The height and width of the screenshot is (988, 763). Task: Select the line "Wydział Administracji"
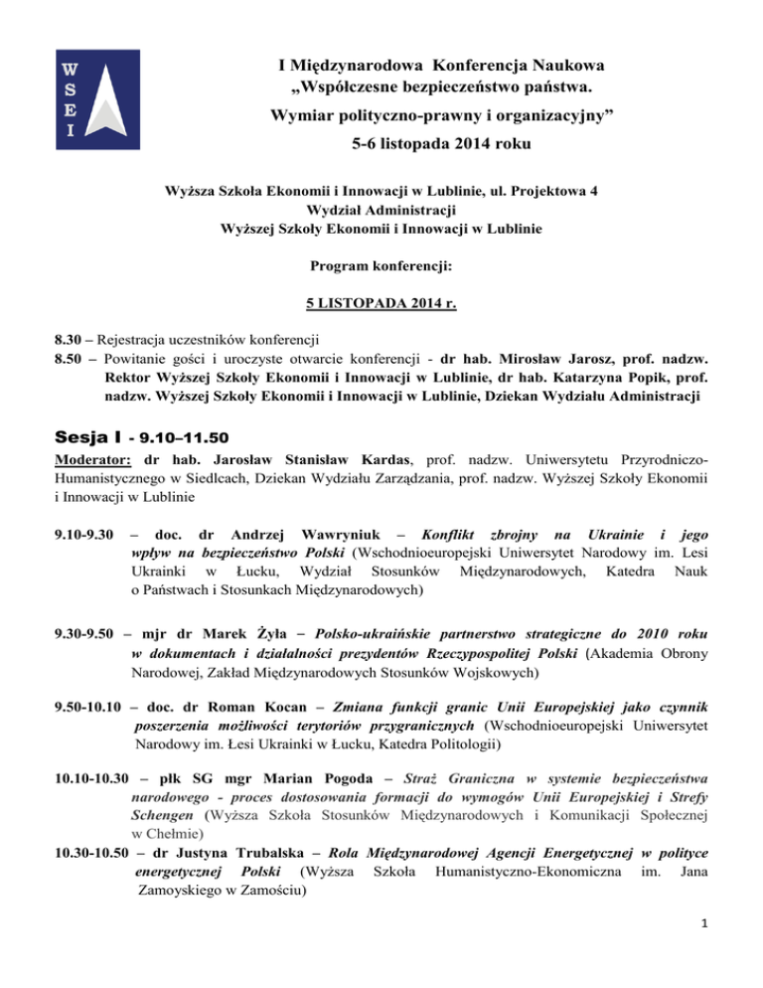coord(381,210)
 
